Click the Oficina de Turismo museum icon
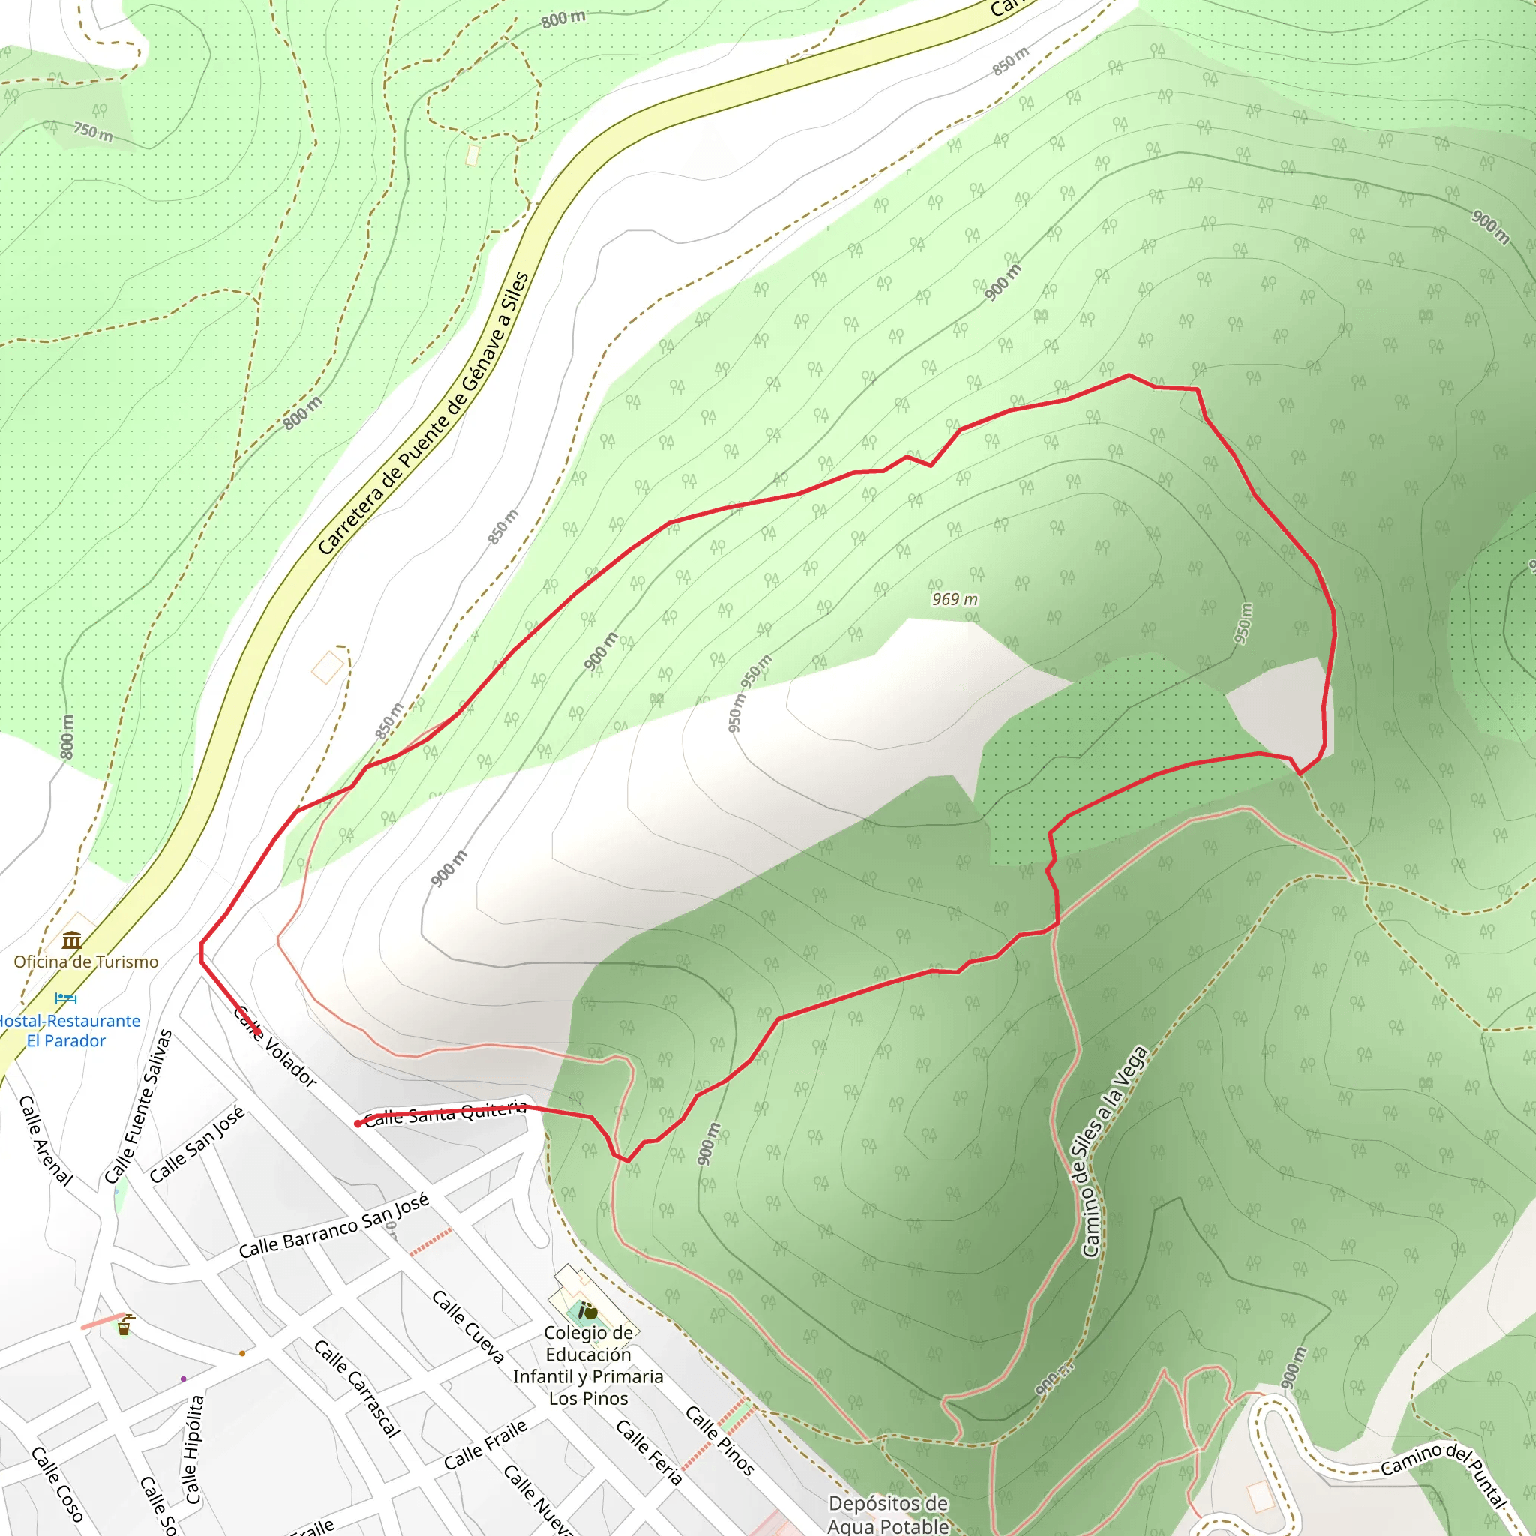click(72, 941)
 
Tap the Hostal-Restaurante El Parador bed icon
click(66, 997)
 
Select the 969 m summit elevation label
click(955, 599)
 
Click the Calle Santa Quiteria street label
click(446, 1113)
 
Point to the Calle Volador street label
click(276, 1046)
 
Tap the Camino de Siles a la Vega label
click(1114, 1152)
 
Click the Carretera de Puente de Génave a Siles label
click(423, 413)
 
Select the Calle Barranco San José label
click(334, 1225)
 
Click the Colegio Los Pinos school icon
click(587, 1311)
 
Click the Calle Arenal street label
click(45, 1141)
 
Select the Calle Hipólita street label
click(195, 1449)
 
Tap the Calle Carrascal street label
click(357, 1389)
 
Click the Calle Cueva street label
click(468, 1327)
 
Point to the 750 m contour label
click(93, 131)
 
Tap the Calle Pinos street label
click(719, 1441)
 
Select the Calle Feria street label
click(649, 1453)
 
